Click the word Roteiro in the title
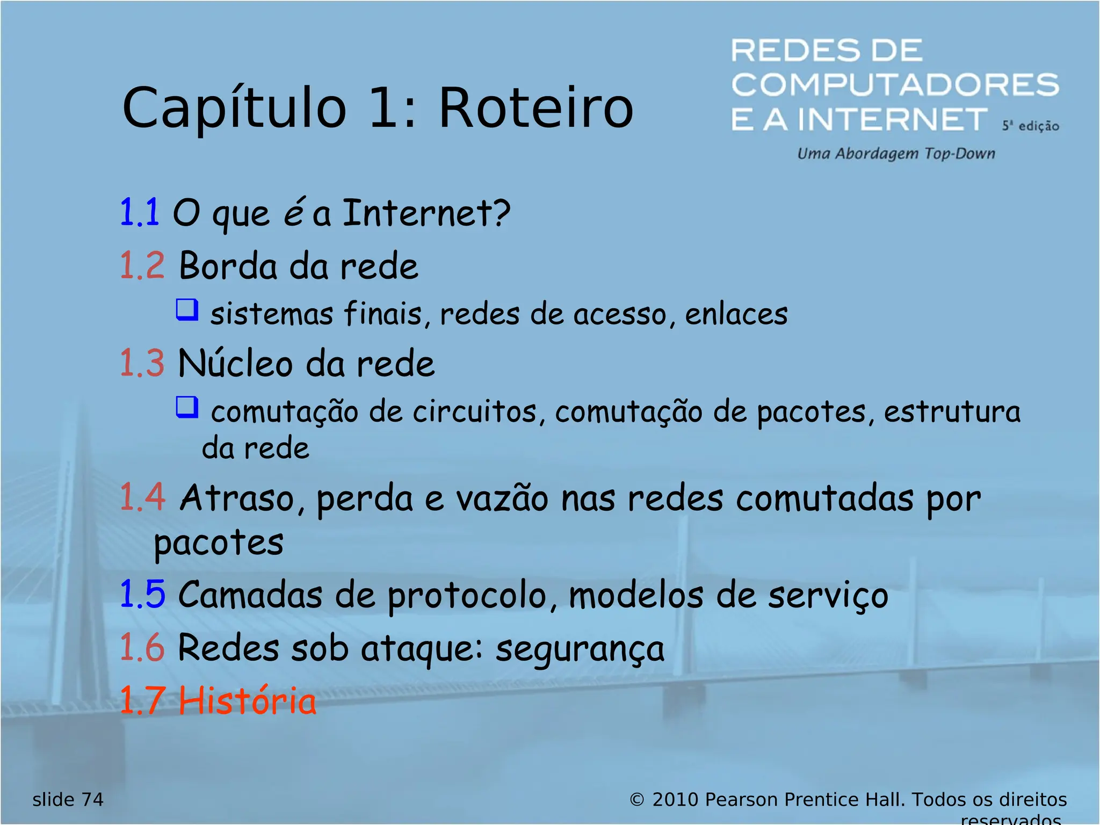click(x=536, y=108)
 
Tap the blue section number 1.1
click(x=139, y=213)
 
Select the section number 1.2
click(x=142, y=265)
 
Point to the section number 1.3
click(x=142, y=363)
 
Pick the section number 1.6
click(x=142, y=647)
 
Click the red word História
click(x=247, y=701)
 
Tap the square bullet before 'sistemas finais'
click(x=187, y=310)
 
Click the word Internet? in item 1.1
click(x=426, y=213)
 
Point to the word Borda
click(x=228, y=265)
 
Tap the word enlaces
click(x=736, y=314)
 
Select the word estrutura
click(x=952, y=412)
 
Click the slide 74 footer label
click(x=68, y=800)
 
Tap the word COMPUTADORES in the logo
click(x=895, y=85)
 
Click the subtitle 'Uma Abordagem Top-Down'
click(x=896, y=154)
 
